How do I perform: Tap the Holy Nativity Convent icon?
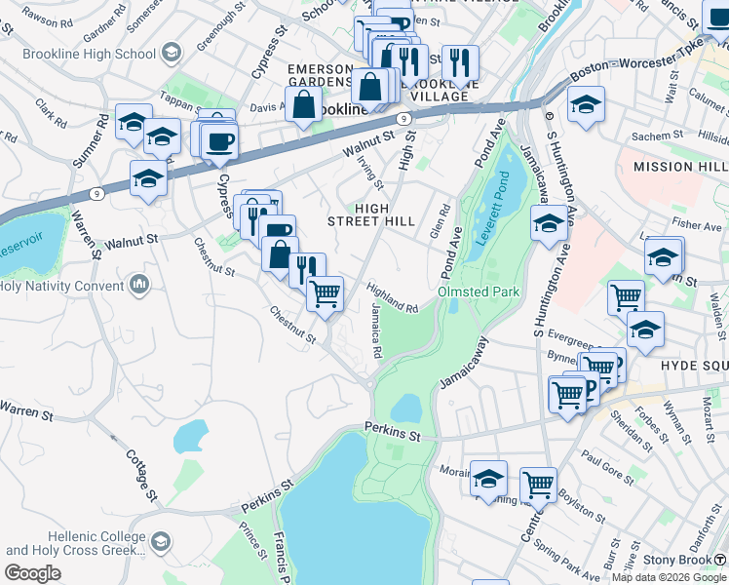138,285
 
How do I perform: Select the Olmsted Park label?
479,292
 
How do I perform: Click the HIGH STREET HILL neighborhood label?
370,214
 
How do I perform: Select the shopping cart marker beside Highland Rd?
325,292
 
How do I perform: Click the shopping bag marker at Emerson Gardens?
304,103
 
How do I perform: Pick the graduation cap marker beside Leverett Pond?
549,224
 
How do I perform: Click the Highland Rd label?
393,297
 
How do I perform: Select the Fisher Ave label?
696,225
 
